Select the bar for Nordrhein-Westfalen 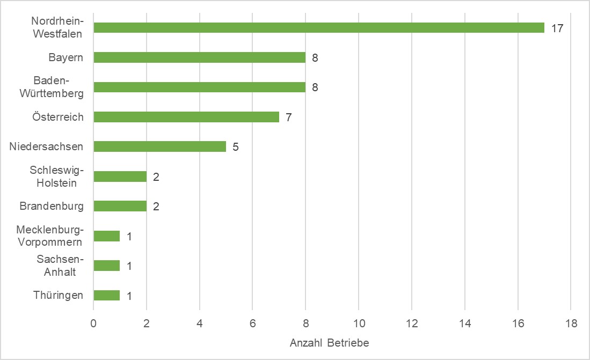point(319,28)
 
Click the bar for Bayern point(199,57)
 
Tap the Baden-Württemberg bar point(199,87)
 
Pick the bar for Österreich point(186,117)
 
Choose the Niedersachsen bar point(159,146)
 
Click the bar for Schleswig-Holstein point(120,177)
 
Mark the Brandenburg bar point(120,206)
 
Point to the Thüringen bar point(107,295)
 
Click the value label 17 point(557,28)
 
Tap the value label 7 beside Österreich point(288,117)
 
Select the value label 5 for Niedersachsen point(235,147)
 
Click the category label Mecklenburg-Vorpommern point(49,236)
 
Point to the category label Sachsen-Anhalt point(60,266)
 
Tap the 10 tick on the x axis point(359,324)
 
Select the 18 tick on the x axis point(571,324)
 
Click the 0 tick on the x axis point(93,324)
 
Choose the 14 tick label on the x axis point(465,324)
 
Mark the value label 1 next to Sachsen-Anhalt point(129,266)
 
